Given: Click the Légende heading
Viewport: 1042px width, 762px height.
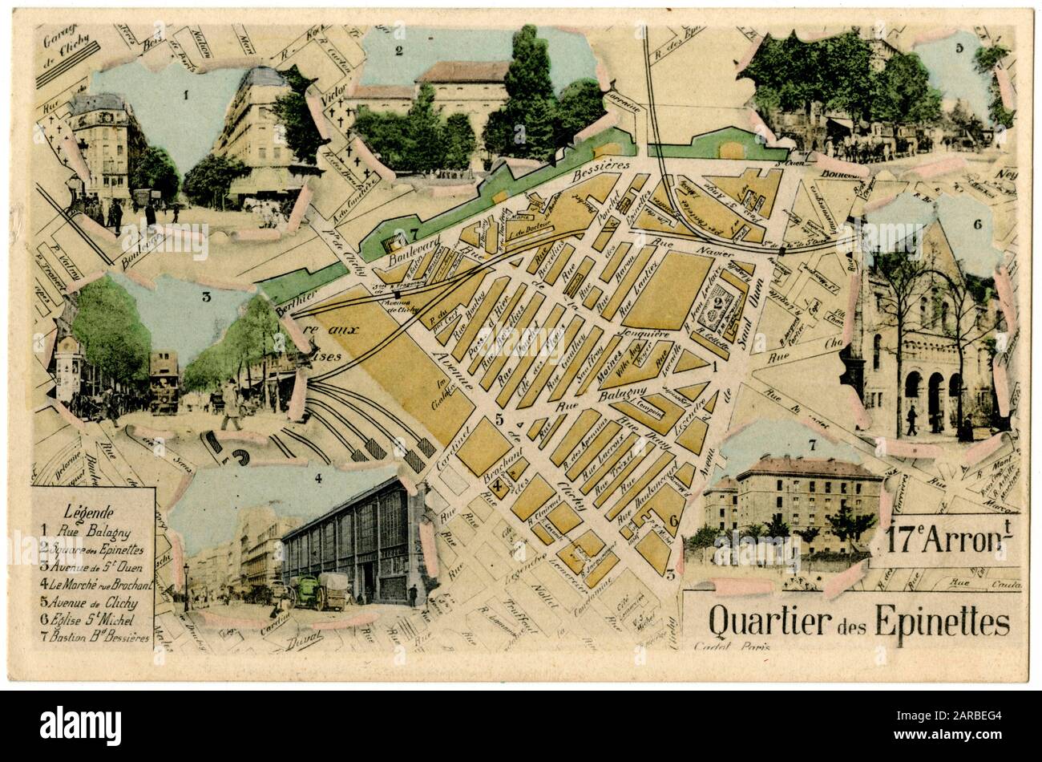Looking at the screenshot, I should coord(89,512).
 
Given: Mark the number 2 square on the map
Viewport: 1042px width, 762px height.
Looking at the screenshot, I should coord(709,306).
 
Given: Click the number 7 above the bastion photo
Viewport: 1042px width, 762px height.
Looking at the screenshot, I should coord(812,444).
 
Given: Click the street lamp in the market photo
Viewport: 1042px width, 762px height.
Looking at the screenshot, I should coord(186,584).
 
